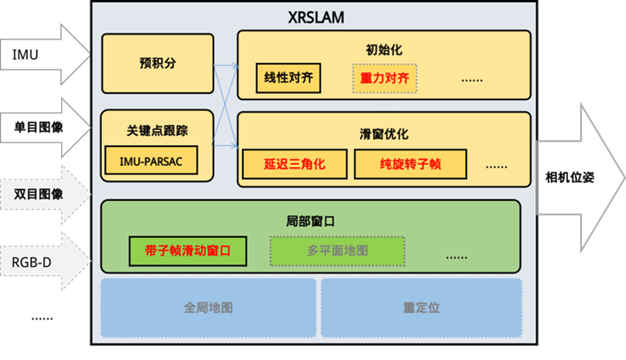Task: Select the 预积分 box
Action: [157, 63]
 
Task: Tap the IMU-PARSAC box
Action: [150, 160]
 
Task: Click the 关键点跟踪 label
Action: [157, 130]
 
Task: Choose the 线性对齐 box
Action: [288, 79]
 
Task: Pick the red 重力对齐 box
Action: [384, 79]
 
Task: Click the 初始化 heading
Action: [383, 50]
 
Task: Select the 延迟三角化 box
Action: [294, 164]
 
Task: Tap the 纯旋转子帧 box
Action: [410, 164]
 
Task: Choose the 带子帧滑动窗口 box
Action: [187, 251]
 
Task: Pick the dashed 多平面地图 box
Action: [337, 251]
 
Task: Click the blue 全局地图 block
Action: [207, 308]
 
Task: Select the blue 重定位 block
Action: [420, 308]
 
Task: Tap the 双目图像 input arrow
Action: [44, 194]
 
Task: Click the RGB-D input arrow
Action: [44, 261]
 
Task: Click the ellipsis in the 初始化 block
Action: [471, 80]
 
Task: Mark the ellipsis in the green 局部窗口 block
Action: [456, 256]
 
